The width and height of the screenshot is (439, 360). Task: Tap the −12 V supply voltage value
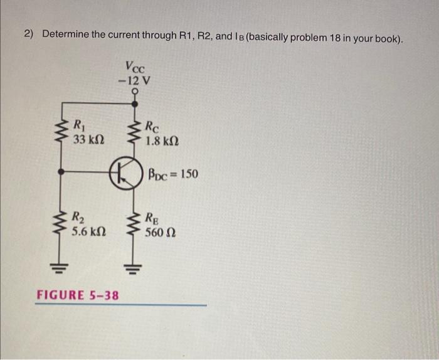click(134, 80)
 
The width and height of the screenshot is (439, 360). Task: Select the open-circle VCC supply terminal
click(134, 92)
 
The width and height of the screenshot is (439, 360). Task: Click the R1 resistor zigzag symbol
click(60, 132)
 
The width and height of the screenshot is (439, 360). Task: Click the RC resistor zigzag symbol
click(134, 132)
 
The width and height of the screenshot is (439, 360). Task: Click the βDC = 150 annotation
click(173, 173)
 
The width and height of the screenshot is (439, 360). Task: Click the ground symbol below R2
click(60, 265)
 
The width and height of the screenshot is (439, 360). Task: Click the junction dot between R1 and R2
click(60, 171)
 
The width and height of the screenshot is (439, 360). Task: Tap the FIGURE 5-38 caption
click(78, 295)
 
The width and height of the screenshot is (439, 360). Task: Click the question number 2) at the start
click(29, 33)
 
